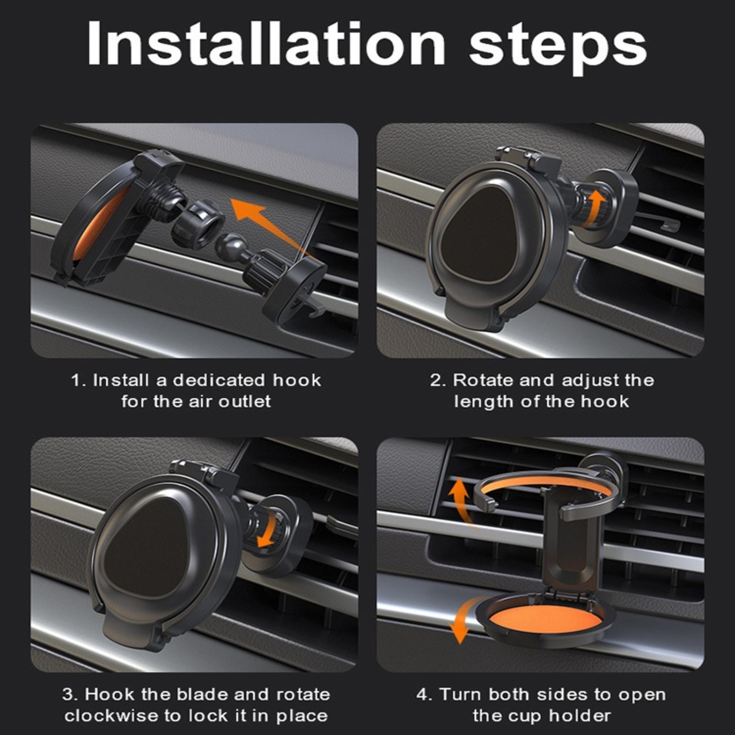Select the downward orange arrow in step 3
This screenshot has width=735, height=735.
tap(269, 530)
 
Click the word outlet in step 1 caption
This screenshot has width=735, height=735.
tap(244, 401)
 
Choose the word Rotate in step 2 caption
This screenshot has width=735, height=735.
tap(483, 380)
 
